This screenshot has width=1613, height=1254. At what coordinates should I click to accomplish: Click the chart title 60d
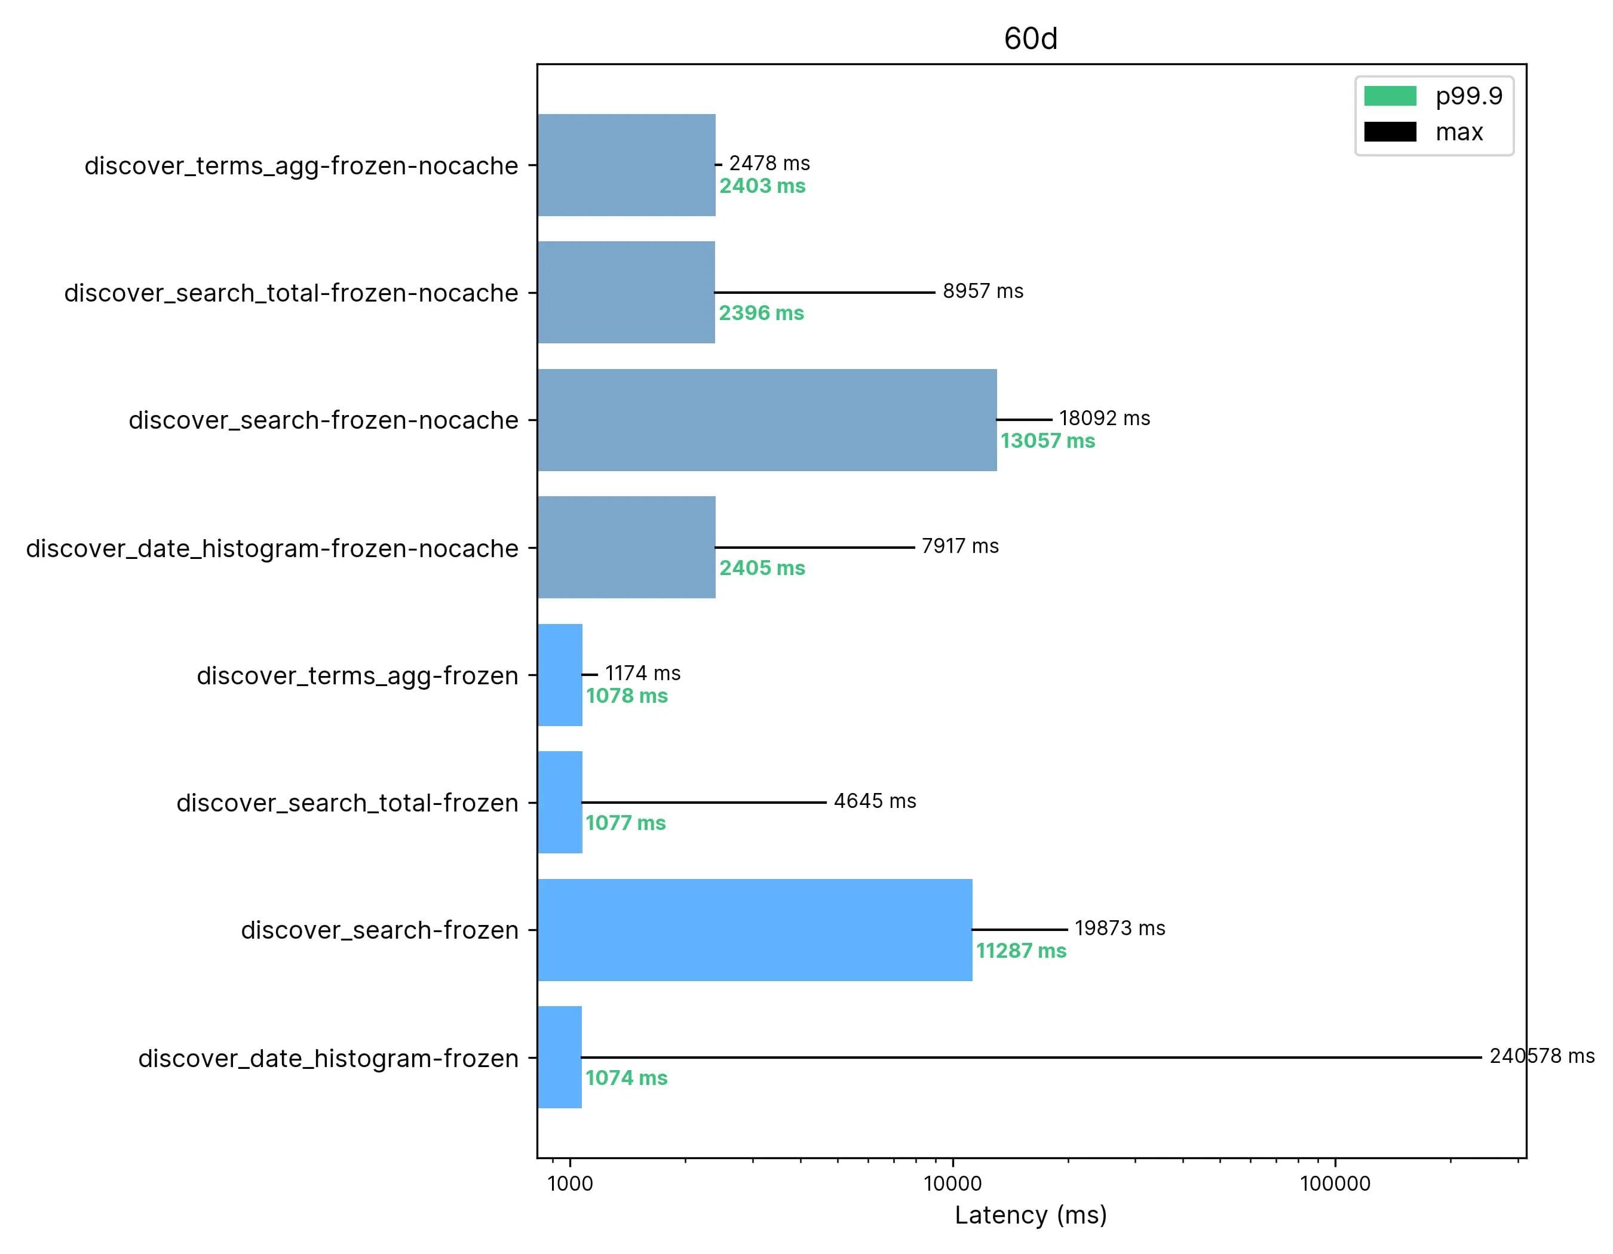(x=1031, y=38)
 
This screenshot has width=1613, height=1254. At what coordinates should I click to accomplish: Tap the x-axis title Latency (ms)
(x=1031, y=1215)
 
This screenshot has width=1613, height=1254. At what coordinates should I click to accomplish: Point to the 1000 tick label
(x=570, y=1184)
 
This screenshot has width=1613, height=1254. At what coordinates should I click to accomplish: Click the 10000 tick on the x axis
(x=953, y=1184)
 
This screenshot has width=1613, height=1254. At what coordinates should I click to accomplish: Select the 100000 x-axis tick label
(x=1335, y=1184)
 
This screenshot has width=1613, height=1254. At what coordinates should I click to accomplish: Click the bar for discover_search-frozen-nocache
(x=766, y=420)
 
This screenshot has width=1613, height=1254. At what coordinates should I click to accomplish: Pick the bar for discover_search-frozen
(x=755, y=930)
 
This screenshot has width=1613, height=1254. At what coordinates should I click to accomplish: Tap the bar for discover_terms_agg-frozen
(x=560, y=675)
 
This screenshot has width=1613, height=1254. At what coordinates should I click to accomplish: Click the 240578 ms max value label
(x=1541, y=1056)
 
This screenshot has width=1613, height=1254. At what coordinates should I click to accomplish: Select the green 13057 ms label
(x=1047, y=441)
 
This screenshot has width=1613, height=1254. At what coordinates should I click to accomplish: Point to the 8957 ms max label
(x=982, y=291)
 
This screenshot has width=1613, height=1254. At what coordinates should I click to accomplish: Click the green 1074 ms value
(x=626, y=1078)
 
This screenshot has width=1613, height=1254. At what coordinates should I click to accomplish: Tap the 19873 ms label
(x=1120, y=929)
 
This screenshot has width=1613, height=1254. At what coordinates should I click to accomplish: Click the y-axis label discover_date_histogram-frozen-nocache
(x=272, y=548)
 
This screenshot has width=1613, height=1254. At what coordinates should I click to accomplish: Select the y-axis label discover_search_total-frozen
(x=347, y=803)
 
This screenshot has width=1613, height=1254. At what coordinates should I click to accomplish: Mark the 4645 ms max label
(x=875, y=801)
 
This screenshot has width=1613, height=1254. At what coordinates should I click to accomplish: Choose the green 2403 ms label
(x=762, y=186)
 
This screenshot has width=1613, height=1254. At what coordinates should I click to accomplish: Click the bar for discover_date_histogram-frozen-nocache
(x=626, y=547)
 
